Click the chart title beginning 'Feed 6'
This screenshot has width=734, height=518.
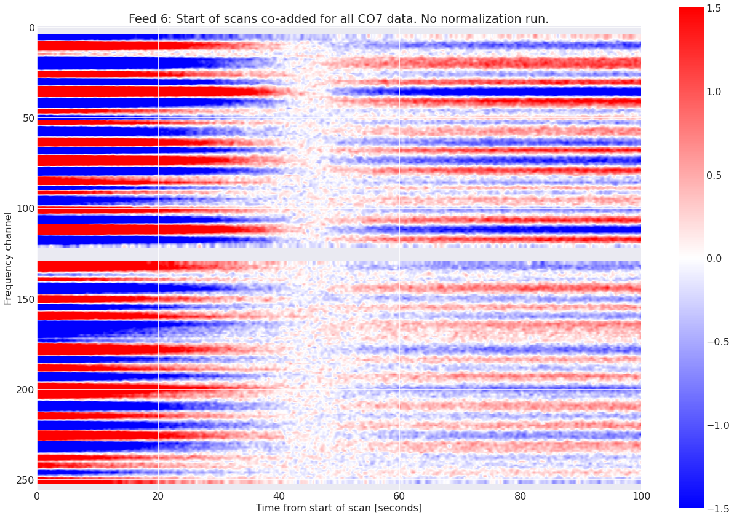click(x=338, y=19)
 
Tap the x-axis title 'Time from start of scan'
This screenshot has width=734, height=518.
click(x=338, y=508)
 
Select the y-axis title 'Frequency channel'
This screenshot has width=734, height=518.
click(x=8, y=258)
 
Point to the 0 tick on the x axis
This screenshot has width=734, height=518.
click(x=37, y=495)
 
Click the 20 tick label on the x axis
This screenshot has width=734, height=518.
click(x=158, y=495)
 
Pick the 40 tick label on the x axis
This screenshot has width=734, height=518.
click(x=279, y=495)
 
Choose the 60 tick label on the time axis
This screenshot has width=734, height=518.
click(x=399, y=495)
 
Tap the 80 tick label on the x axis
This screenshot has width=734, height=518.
click(x=521, y=495)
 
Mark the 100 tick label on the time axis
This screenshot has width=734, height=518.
click(x=641, y=495)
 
